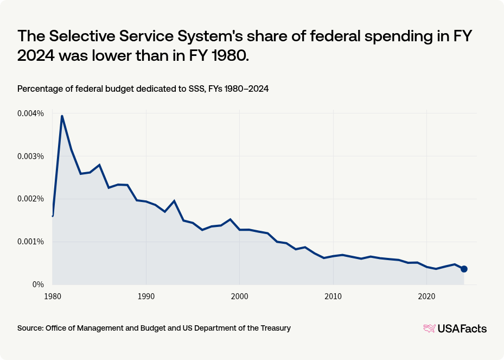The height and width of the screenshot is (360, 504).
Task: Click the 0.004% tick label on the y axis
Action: pyautogui.click(x=31, y=113)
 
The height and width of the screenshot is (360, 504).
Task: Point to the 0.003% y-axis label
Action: pyautogui.click(x=31, y=156)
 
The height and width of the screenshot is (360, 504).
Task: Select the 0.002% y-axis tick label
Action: pyautogui.click(x=31, y=199)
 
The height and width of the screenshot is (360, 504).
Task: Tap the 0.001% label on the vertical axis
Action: pyautogui.click(x=31, y=242)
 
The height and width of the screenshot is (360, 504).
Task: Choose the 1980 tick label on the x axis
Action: pyautogui.click(x=52, y=297)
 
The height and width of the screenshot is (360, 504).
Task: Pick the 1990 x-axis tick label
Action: pyautogui.click(x=146, y=297)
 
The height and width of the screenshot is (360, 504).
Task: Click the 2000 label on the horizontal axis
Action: pyautogui.click(x=240, y=297)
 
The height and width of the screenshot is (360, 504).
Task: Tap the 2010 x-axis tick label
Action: pyautogui.click(x=333, y=297)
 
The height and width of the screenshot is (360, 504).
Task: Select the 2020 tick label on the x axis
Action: pyautogui.click(x=427, y=297)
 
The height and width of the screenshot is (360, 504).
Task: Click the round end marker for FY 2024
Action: pyautogui.click(x=464, y=269)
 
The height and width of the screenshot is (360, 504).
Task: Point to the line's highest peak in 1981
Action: pyautogui.click(x=62, y=116)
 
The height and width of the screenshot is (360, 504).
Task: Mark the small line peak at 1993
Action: pyautogui.click(x=174, y=201)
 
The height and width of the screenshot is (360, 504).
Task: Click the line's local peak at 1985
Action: pyautogui.click(x=99, y=165)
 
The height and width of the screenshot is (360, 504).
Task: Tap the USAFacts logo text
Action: pyautogui.click(x=462, y=329)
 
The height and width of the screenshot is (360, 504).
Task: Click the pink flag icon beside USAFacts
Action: pyautogui.click(x=429, y=329)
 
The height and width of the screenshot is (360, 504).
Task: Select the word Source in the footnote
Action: pyautogui.click(x=30, y=328)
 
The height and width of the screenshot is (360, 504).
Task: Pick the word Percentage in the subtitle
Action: pyautogui.click(x=39, y=89)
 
